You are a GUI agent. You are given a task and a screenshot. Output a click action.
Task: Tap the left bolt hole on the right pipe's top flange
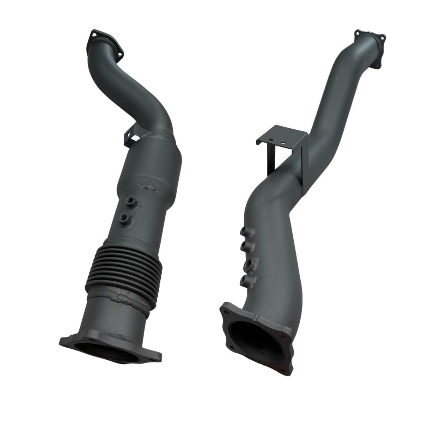click(x=357, y=33)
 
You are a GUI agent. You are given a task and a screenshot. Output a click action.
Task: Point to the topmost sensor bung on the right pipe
click(x=244, y=232)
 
